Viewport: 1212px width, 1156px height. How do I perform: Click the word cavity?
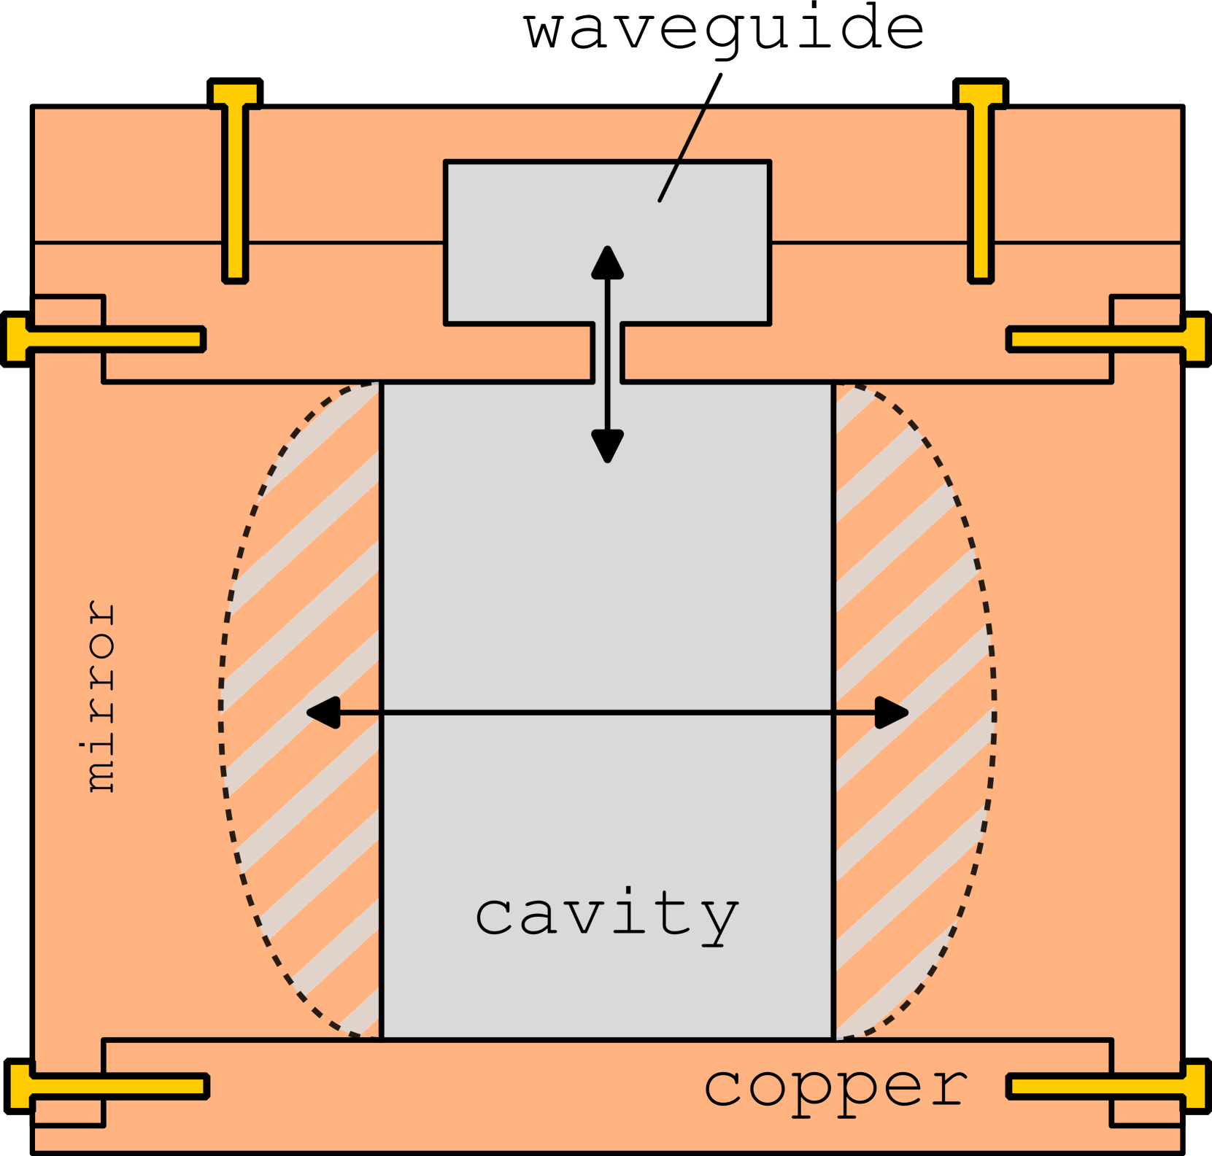point(607,915)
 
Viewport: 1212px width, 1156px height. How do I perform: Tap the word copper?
point(836,1087)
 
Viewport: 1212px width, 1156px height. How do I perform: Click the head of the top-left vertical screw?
point(235,94)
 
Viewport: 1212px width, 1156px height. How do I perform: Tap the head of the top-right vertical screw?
point(981,94)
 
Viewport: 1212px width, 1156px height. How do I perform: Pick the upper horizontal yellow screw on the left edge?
point(109,339)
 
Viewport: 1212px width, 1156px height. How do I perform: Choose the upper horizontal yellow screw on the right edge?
point(1102,339)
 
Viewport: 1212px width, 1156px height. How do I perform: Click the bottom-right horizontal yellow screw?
point(1102,1086)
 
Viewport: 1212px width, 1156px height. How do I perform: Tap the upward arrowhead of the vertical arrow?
point(607,263)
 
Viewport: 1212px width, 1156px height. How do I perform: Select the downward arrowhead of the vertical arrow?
point(607,446)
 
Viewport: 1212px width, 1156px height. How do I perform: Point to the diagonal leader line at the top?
point(682,154)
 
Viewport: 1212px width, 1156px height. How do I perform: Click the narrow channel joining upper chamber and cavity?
point(607,354)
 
